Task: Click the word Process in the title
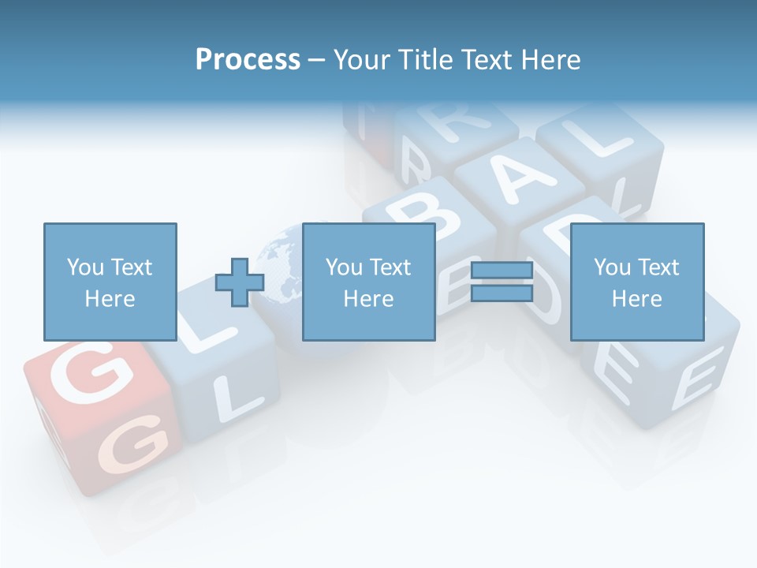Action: [248, 60]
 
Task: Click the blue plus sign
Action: [240, 282]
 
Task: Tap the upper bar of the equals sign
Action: [502, 271]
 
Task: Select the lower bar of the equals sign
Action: [502, 293]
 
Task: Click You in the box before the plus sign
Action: [84, 267]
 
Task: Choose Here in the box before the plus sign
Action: [110, 299]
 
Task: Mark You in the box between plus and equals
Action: [344, 267]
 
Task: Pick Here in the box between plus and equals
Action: [368, 299]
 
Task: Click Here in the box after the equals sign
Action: [636, 299]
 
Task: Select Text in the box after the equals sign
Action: [658, 267]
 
